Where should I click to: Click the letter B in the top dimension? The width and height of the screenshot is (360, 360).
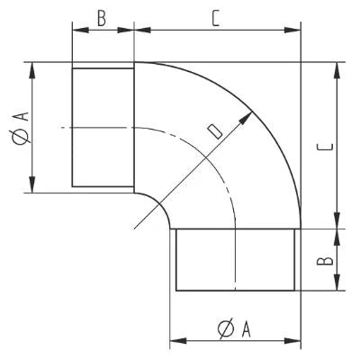click(x=102, y=18)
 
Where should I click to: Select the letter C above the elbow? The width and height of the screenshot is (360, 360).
click(x=217, y=18)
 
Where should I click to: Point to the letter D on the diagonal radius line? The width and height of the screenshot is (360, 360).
click(x=213, y=131)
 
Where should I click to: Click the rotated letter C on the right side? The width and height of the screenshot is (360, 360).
click(x=327, y=145)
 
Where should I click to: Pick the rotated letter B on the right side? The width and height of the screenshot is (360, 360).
click(x=327, y=260)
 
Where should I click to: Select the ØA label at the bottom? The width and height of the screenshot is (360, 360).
click(x=234, y=329)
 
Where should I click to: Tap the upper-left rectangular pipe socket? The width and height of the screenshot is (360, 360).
click(x=103, y=128)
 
